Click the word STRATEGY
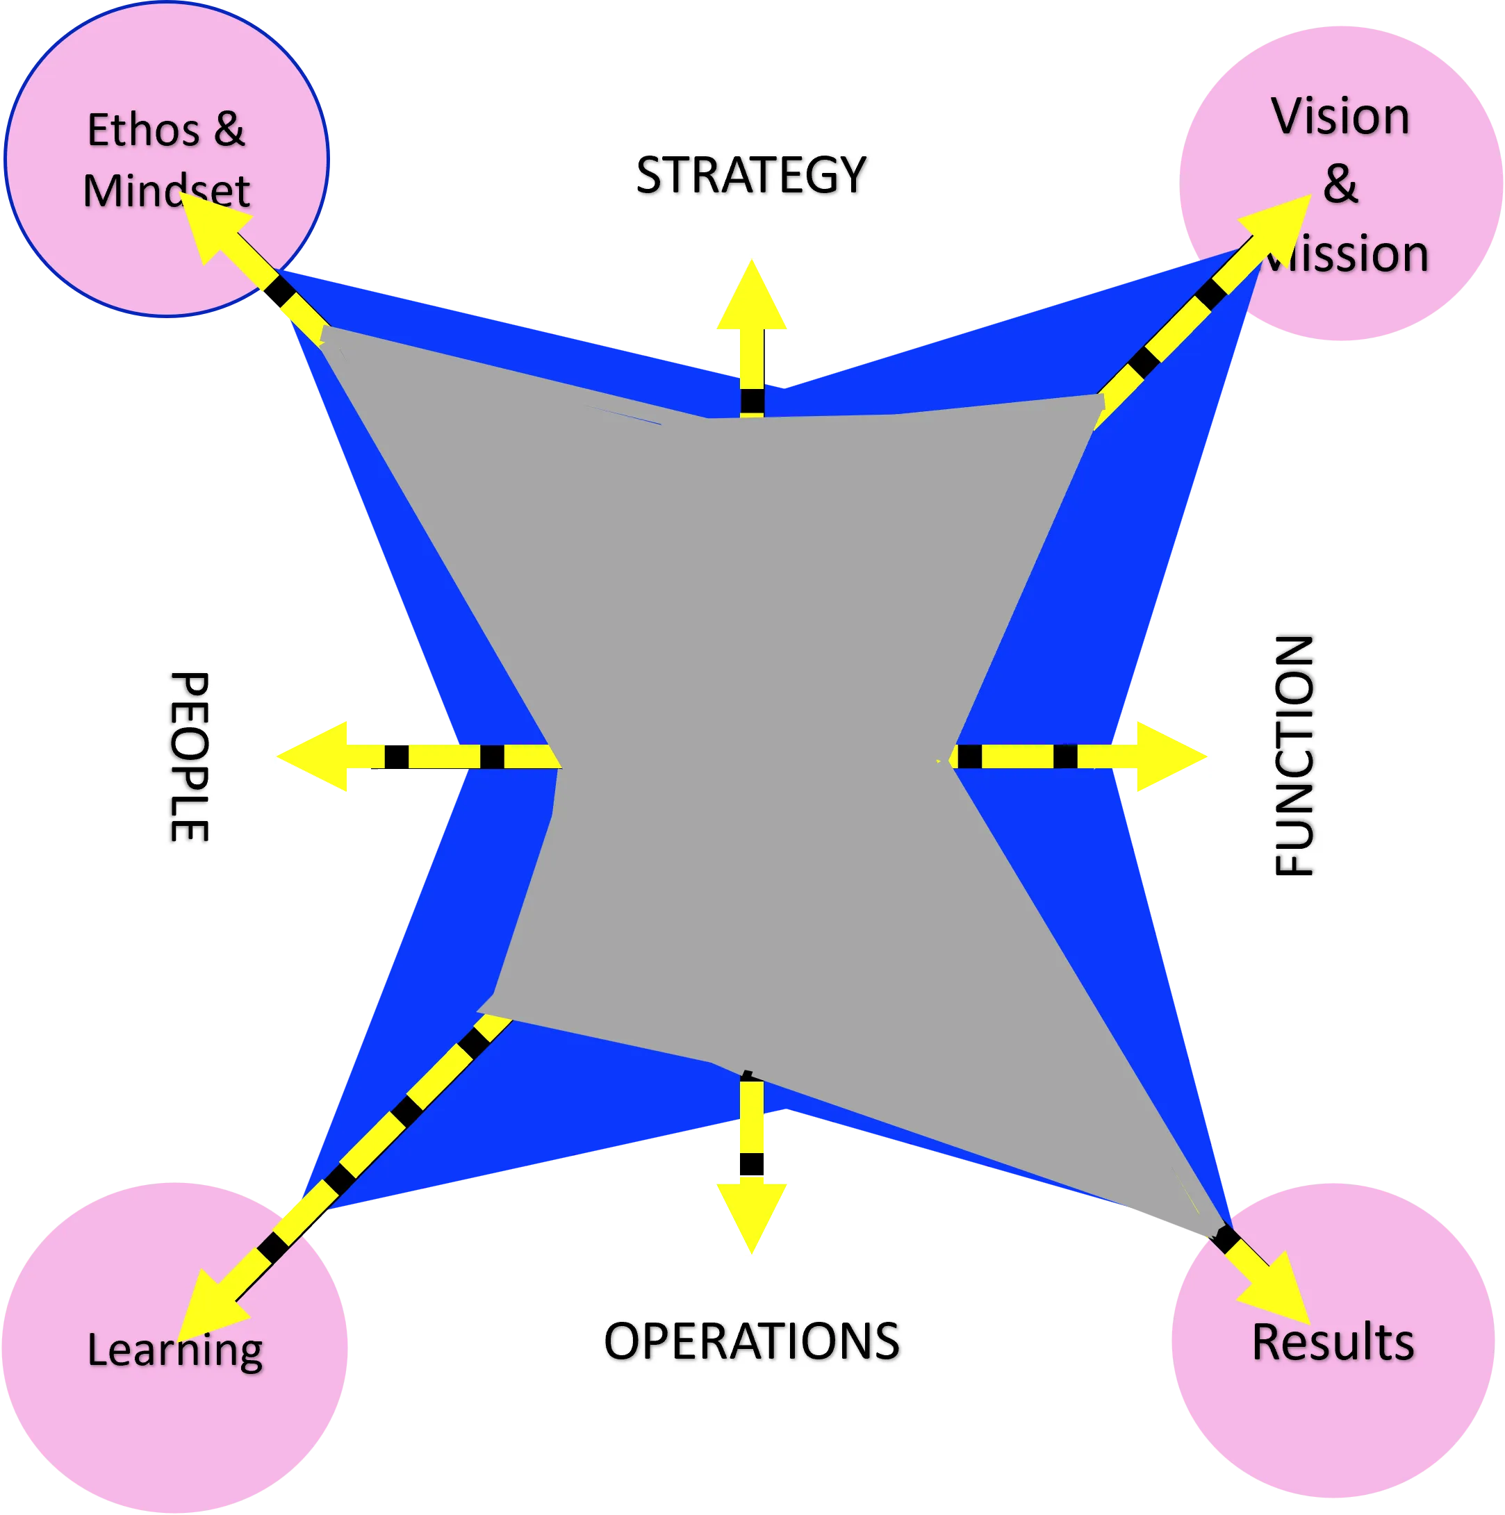pyautogui.click(x=750, y=175)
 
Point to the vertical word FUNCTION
pyautogui.click(x=1293, y=756)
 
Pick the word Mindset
pyautogui.click(x=165, y=191)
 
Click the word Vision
pyautogui.click(x=1340, y=117)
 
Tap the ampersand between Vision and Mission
pyautogui.click(x=1340, y=184)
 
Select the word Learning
pyautogui.click(x=174, y=1350)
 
